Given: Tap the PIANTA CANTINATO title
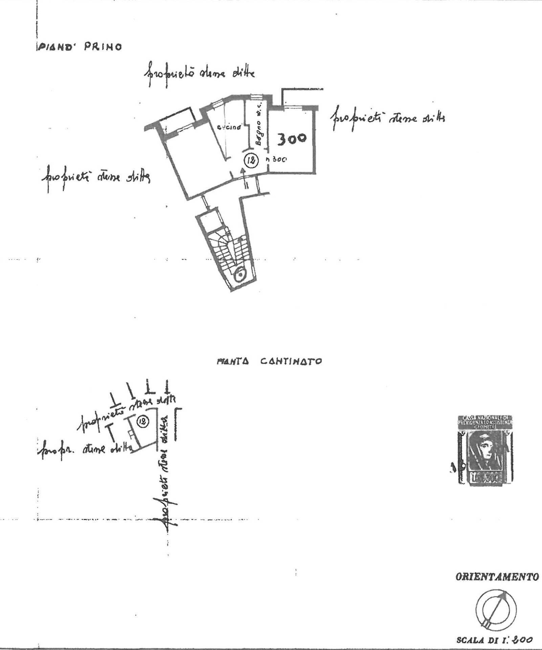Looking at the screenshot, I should pos(269,361).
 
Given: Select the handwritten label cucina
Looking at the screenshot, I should pos(229,128).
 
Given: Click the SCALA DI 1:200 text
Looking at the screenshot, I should pos(494,640).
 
